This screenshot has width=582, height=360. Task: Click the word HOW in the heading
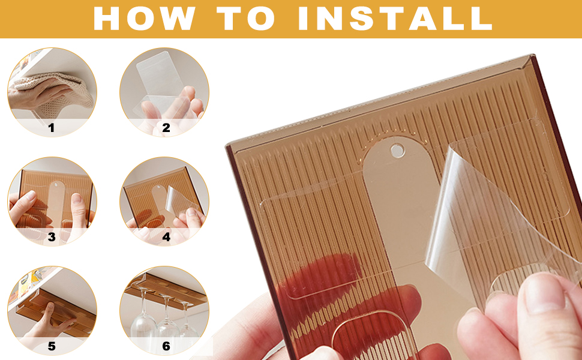click(x=145, y=18)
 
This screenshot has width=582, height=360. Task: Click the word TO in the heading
click(x=246, y=18)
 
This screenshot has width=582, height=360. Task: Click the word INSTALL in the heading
click(x=395, y=18)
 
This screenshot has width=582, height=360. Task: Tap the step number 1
click(x=51, y=128)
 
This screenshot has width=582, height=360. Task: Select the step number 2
click(x=166, y=128)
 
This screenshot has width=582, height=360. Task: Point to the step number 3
click(x=52, y=237)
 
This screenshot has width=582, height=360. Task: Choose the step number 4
click(x=166, y=237)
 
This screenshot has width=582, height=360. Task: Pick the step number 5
click(x=52, y=346)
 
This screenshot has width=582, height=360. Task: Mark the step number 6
click(x=166, y=346)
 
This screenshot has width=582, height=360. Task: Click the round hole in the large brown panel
click(x=397, y=151)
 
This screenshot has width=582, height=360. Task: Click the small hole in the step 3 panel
click(x=56, y=184)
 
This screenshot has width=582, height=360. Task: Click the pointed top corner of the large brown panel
click(x=533, y=56)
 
